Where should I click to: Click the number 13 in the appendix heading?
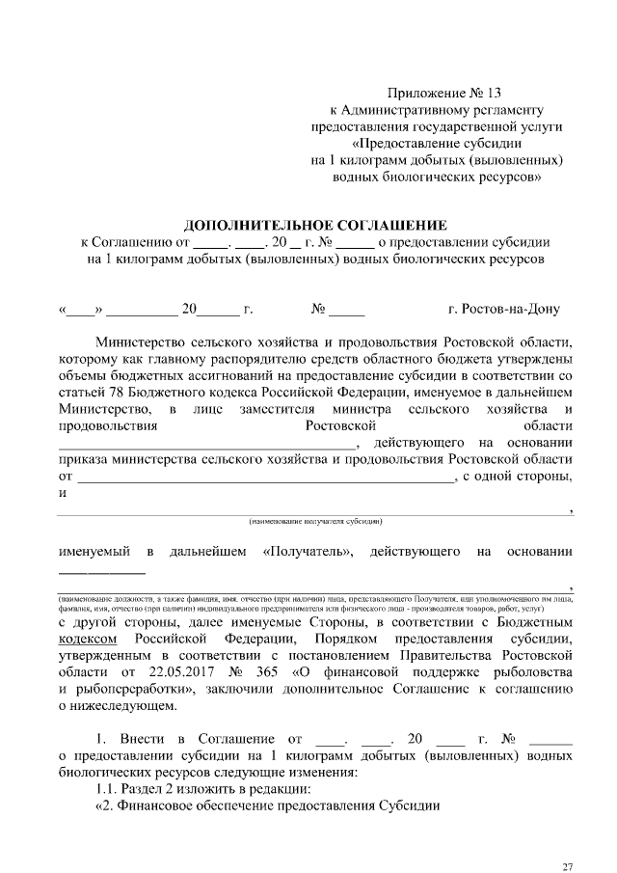tap(495, 94)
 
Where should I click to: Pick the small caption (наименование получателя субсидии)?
tap(316, 522)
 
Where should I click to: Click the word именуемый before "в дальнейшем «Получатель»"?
tap(94, 552)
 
